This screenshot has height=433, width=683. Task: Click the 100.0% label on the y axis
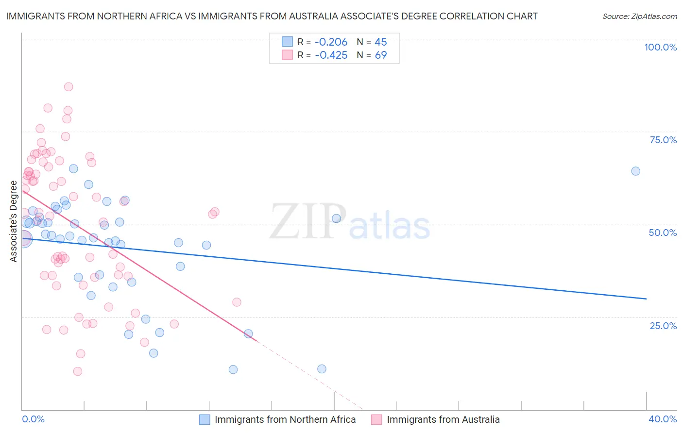[660, 47]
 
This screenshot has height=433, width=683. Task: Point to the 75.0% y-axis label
[663, 140]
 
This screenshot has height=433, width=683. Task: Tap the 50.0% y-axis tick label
[663, 233]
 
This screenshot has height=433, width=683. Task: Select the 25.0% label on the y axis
[663, 326]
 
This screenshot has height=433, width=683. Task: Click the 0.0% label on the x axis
[33, 419]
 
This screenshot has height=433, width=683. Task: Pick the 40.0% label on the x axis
[663, 419]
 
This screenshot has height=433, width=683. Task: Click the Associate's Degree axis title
[14, 221]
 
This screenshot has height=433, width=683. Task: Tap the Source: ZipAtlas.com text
[639, 17]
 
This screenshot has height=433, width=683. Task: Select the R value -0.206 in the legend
[331, 42]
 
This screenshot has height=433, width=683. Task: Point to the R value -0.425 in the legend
[331, 55]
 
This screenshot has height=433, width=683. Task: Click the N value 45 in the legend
[380, 42]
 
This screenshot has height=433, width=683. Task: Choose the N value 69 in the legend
[380, 55]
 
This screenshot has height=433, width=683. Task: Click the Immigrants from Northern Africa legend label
[285, 419]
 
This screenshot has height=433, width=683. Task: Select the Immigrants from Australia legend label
[443, 419]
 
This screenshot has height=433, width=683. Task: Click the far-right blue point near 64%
[635, 171]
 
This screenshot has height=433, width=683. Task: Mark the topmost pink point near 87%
[68, 87]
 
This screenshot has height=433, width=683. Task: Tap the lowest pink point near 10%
[78, 371]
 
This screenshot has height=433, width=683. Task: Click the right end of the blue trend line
[646, 299]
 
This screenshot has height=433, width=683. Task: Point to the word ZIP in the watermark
[308, 222]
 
